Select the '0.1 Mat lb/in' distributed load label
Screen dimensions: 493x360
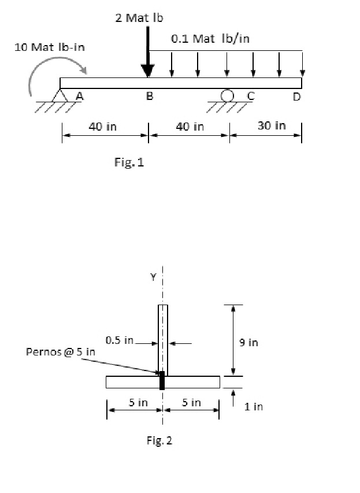(x=211, y=39)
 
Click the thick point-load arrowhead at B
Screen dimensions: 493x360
(x=149, y=70)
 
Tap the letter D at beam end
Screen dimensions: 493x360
(x=296, y=97)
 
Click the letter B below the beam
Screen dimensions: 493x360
(x=149, y=97)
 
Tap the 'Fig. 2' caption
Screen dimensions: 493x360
(x=159, y=441)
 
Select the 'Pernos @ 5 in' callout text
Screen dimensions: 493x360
(x=61, y=352)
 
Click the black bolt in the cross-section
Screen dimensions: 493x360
(x=162, y=380)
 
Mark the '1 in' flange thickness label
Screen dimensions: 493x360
(x=254, y=406)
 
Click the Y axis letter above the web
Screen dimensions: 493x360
(x=153, y=277)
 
